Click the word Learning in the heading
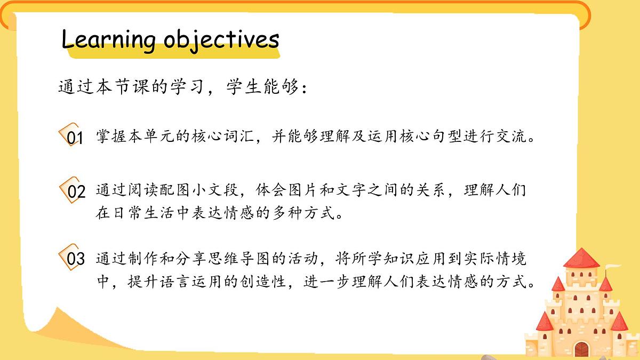tap(108, 39)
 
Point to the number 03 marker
tap(75, 260)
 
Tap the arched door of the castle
tap(581, 349)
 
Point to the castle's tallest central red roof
tap(581, 258)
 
